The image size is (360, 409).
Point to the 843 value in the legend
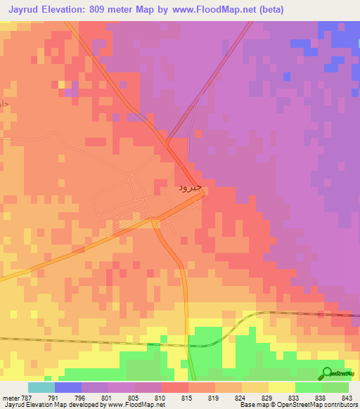click(x=347, y=397)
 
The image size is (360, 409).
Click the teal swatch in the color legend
click(x=41, y=387)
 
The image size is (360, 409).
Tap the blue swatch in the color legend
click(x=68, y=387)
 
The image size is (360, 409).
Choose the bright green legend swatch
click(x=309, y=387)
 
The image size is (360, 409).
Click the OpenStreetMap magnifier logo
click(x=326, y=372)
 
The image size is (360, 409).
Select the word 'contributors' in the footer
click(x=340, y=405)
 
